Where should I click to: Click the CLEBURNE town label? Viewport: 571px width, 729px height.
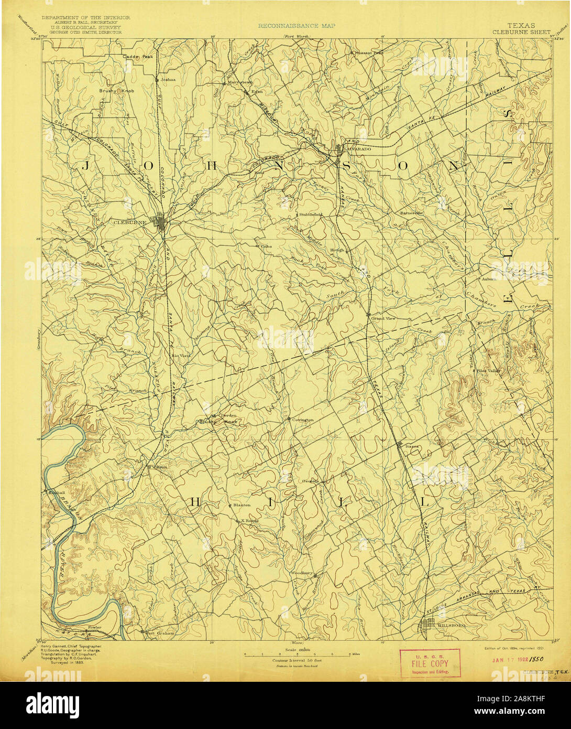coord(129,222)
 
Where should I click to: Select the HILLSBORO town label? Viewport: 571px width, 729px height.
coord(453,625)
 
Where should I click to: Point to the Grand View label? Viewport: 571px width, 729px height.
coord(383,318)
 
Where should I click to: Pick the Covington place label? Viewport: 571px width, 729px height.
coord(303,420)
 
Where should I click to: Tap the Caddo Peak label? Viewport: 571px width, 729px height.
coord(138,57)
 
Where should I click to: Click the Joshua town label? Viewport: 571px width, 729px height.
coord(168,80)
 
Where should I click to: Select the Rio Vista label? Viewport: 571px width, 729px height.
coord(181,356)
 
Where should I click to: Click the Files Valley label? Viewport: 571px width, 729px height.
coord(489,371)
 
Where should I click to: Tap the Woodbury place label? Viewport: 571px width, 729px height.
coord(302,573)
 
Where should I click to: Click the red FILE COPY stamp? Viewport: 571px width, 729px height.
coord(430,663)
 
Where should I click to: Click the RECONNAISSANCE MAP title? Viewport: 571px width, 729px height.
coord(296,25)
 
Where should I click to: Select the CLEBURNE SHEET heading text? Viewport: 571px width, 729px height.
coord(521,31)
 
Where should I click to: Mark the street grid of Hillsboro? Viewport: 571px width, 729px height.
coord(431,625)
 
